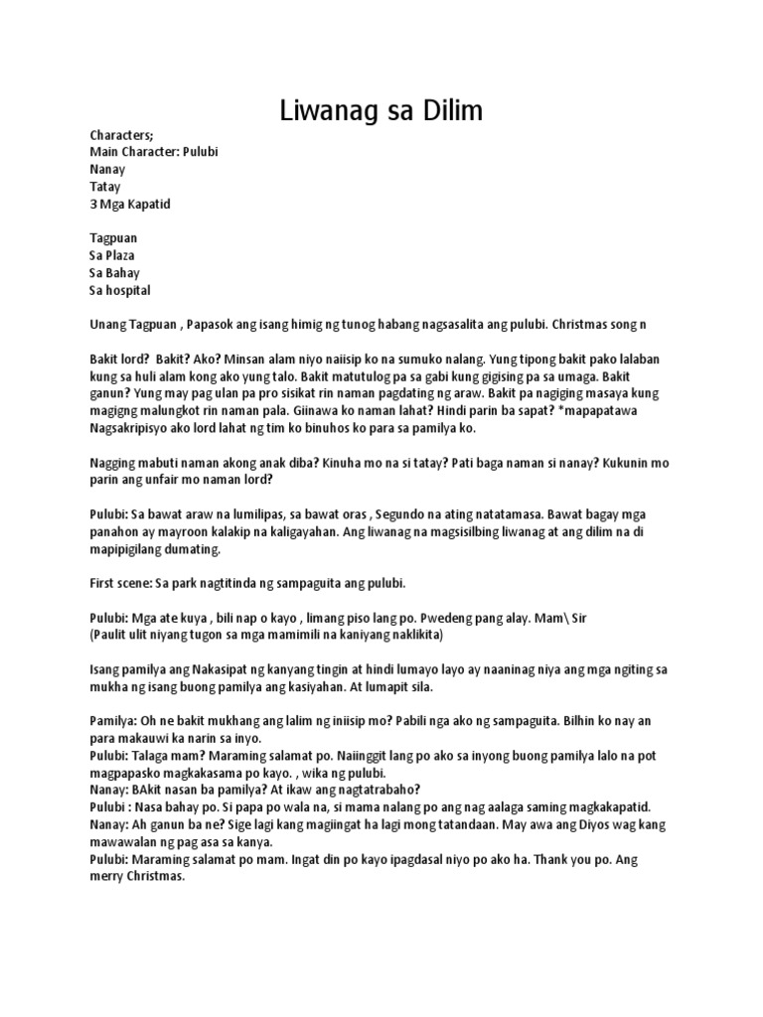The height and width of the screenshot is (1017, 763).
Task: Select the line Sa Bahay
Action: pos(114,273)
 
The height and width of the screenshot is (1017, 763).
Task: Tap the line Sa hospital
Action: pos(120,290)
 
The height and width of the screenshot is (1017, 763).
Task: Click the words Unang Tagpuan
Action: pos(133,325)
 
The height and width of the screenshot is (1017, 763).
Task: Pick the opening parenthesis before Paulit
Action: pos(91,634)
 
